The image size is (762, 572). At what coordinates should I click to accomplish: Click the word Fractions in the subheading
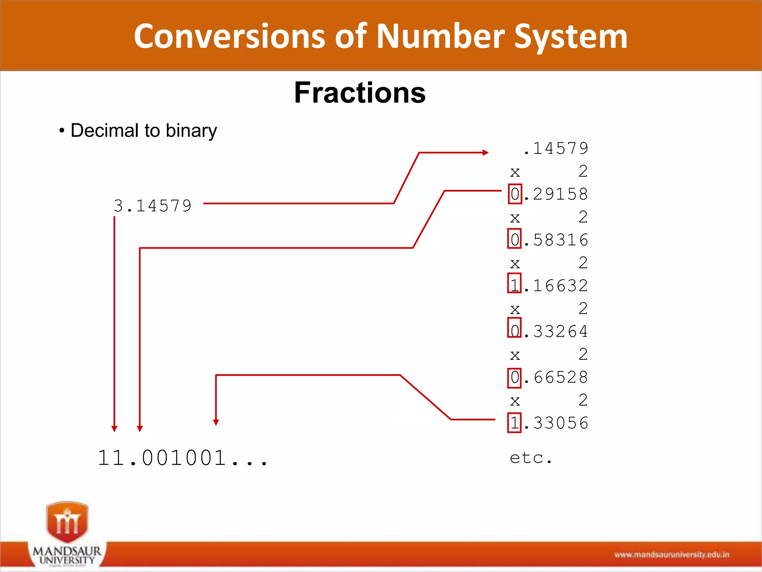click(x=359, y=93)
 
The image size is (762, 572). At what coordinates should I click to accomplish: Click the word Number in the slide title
click(x=441, y=36)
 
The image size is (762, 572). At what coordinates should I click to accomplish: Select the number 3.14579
click(x=153, y=206)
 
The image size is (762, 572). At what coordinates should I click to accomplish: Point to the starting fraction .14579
click(x=556, y=148)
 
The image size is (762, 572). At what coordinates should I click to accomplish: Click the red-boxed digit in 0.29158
click(x=515, y=194)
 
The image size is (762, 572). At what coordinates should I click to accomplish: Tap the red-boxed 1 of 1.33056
click(x=514, y=423)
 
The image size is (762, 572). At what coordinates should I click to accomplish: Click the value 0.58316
click(x=548, y=240)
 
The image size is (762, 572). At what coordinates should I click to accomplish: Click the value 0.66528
click(x=548, y=377)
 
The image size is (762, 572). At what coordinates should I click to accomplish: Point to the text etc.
click(x=531, y=458)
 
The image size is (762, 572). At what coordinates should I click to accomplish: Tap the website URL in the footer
click(x=672, y=555)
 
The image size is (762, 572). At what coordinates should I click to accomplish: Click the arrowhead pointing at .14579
click(x=486, y=152)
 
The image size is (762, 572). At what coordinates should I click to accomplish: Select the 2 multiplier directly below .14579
click(x=583, y=171)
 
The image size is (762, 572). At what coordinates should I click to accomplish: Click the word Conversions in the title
click(x=229, y=36)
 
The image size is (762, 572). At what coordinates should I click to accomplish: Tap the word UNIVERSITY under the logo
click(x=67, y=559)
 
